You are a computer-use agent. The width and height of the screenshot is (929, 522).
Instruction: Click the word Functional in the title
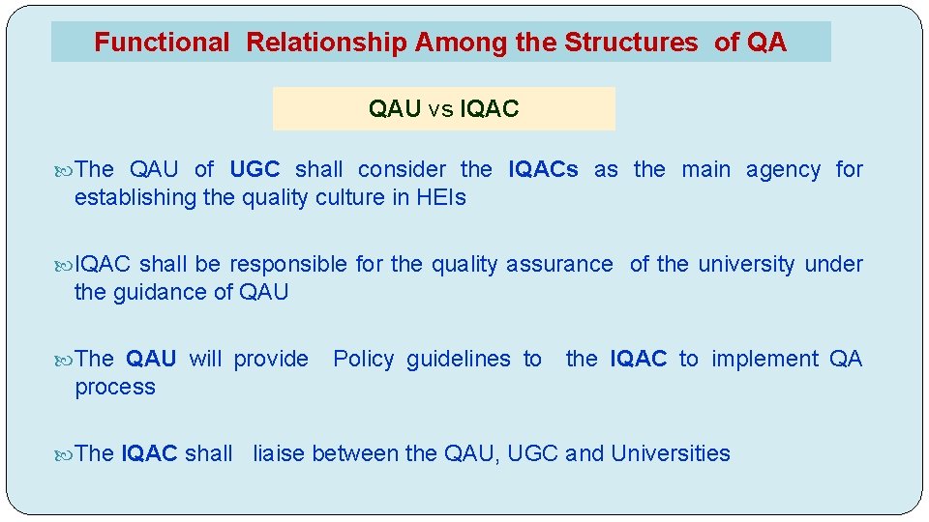click(x=162, y=43)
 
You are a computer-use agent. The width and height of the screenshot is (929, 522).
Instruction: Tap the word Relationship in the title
click(x=326, y=43)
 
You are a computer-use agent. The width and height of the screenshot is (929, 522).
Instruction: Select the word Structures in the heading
click(x=630, y=43)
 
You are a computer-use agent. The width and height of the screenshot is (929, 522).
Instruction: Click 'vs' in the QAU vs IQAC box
click(x=440, y=109)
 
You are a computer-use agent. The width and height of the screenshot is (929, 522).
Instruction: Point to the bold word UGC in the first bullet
click(x=255, y=169)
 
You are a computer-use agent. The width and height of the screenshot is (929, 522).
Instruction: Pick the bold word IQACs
click(x=543, y=169)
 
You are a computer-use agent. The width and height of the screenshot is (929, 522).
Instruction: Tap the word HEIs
click(x=441, y=197)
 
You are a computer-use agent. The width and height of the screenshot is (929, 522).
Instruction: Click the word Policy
click(x=363, y=359)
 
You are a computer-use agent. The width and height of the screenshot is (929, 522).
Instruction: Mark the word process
click(x=114, y=387)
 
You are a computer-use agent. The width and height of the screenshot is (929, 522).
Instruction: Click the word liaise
click(x=280, y=453)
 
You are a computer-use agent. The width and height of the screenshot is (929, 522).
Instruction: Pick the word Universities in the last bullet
click(x=671, y=453)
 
